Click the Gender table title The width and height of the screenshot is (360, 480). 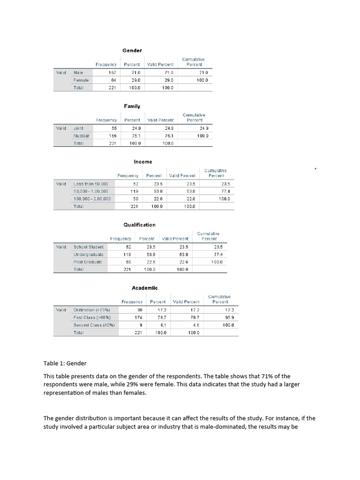point(132,50)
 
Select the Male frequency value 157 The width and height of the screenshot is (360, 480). point(112,73)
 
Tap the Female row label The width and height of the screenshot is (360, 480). point(81,80)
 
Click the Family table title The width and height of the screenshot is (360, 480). point(132,106)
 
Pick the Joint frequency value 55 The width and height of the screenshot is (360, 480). point(112,128)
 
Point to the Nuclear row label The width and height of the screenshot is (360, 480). point(82,135)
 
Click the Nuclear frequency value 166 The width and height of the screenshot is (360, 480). point(112,135)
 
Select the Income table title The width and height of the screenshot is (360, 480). point(143,162)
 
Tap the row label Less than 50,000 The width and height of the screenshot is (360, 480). point(91,184)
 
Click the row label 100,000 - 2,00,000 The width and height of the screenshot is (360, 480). point(92,199)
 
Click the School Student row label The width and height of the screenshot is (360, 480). point(89,247)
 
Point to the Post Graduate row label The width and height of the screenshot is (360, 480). point(88,262)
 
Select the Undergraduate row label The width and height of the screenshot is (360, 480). point(89,254)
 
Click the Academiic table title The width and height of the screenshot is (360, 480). point(145,288)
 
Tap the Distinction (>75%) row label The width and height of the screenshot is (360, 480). point(92,310)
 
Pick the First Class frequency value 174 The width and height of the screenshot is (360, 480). point(138,317)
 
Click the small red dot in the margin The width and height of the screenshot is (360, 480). point(315,168)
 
